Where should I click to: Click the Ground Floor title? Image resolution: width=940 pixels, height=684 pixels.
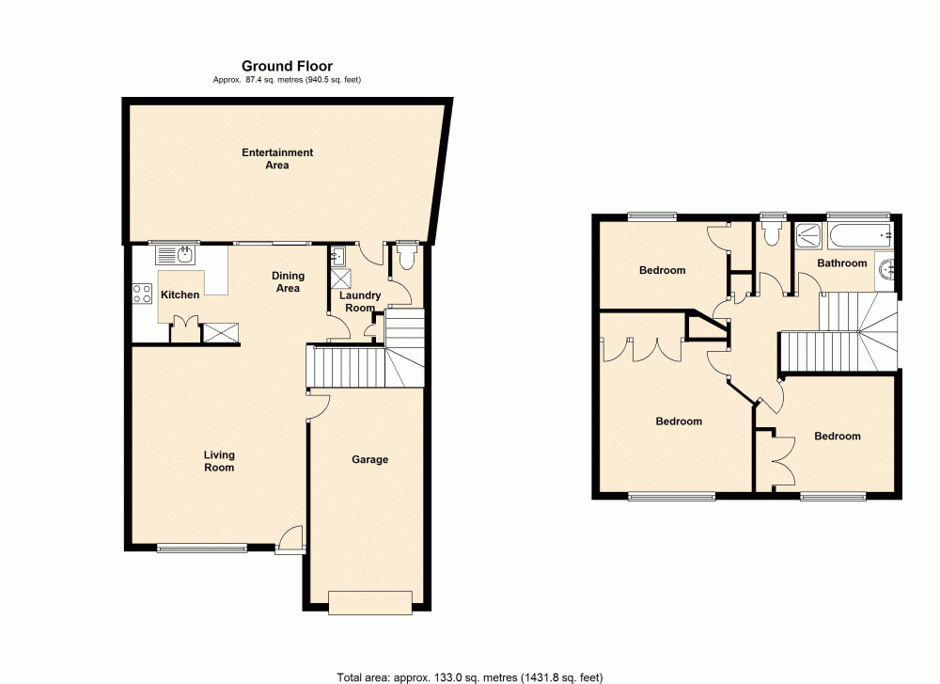(x=287, y=66)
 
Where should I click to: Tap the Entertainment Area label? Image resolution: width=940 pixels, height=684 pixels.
(x=277, y=159)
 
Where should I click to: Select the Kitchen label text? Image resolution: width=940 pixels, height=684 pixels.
(x=180, y=294)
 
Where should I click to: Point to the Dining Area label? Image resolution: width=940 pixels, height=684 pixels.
(x=288, y=282)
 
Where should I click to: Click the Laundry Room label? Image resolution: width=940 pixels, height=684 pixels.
(x=360, y=301)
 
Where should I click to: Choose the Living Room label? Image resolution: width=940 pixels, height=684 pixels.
(x=219, y=461)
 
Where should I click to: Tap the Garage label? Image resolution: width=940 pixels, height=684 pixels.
(x=370, y=459)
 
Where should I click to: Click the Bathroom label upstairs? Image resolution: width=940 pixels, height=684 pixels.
(x=841, y=263)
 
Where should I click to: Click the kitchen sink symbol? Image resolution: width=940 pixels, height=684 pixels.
(x=177, y=254)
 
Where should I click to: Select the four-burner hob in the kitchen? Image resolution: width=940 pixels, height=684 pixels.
(x=143, y=294)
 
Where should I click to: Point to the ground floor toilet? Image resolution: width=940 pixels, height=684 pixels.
(x=406, y=258)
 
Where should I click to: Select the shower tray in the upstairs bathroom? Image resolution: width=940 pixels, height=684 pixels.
(x=807, y=235)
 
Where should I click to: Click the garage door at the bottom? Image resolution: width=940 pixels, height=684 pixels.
(x=369, y=602)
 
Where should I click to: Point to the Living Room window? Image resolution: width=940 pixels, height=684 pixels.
(x=202, y=547)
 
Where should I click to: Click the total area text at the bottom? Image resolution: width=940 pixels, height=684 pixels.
(x=469, y=676)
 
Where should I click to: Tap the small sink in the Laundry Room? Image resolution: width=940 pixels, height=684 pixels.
(x=339, y=255)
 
